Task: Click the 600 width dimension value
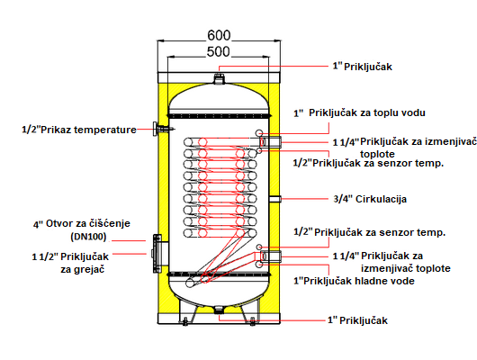219,36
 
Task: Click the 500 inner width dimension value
218,51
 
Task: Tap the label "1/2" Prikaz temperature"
79,130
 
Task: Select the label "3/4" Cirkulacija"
370,199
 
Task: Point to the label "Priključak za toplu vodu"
367,112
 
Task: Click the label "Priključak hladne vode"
359,281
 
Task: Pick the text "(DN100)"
88,237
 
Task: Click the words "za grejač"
83,269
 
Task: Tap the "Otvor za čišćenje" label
88,224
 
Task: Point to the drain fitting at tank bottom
219,310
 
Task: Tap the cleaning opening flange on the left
157,254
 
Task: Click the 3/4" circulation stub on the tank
274,199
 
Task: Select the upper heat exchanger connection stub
270,142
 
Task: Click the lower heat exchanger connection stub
270,256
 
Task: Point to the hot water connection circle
259,133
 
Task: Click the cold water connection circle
259,265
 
